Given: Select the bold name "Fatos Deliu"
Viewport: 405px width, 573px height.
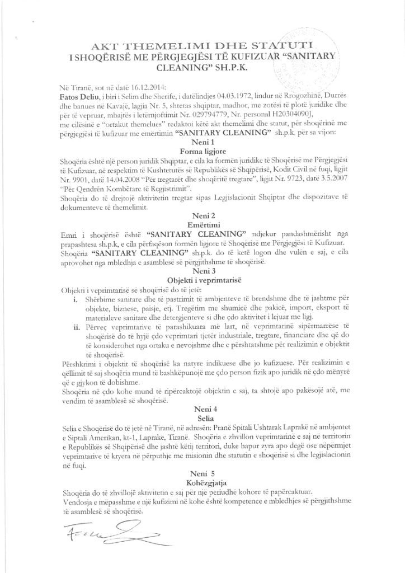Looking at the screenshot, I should [77, 97].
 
